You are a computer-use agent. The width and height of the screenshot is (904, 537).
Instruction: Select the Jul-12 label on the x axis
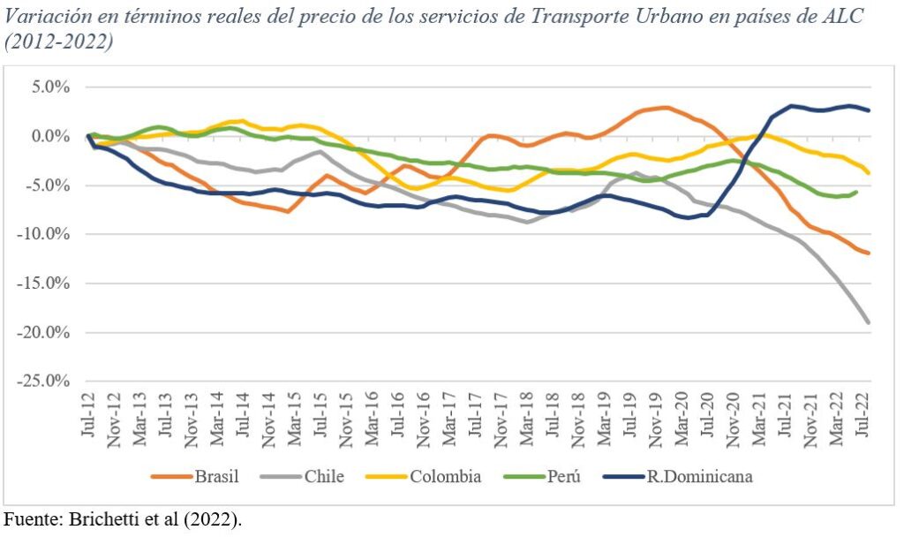coord(89,422)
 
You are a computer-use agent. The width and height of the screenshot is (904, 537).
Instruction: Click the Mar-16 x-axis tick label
coord(372,421)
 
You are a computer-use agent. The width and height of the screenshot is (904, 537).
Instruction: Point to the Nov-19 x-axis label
coord(656,421)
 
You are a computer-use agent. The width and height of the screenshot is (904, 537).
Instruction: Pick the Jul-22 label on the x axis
coord(863,422)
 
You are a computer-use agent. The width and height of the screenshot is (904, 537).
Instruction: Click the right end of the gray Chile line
coord(869,322)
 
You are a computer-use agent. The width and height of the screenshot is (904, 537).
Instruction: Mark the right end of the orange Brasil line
coord(869,253)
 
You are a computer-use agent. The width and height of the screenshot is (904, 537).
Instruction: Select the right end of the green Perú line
coord(855,192)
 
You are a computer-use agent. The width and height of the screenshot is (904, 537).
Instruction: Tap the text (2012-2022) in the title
coord(59,42)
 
